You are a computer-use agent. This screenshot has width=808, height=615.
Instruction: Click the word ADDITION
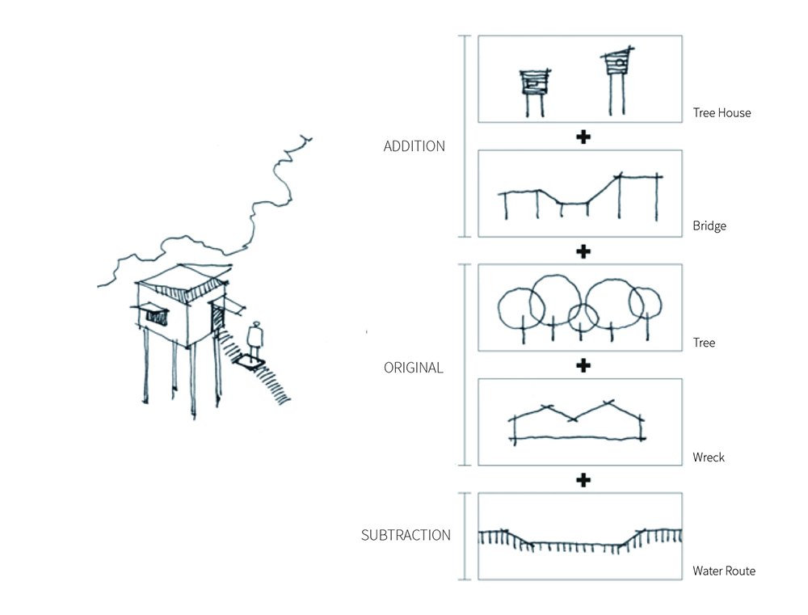coord(414,146)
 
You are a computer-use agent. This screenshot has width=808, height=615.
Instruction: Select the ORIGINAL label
coord(414,368)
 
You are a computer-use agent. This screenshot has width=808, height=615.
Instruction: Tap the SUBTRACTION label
coord(406,535)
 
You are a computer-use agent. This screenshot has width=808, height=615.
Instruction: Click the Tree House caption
coord(722,113)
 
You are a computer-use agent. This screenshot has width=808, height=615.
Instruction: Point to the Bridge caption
coord(709,226)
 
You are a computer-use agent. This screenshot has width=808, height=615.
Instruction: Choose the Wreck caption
coord(709,457)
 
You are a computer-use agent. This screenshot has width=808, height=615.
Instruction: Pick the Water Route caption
coord(724,571)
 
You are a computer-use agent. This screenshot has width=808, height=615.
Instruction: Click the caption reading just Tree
coord(704,343)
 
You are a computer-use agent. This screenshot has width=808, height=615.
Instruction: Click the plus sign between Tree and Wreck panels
coord(583,366)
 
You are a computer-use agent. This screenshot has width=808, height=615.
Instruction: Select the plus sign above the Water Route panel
coord(583,480)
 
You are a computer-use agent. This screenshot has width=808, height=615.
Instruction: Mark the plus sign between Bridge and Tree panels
coord(583,251)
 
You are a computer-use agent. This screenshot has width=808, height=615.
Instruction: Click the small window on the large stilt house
coord(153,312)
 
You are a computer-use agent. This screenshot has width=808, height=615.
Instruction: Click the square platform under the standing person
coord(251,360)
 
